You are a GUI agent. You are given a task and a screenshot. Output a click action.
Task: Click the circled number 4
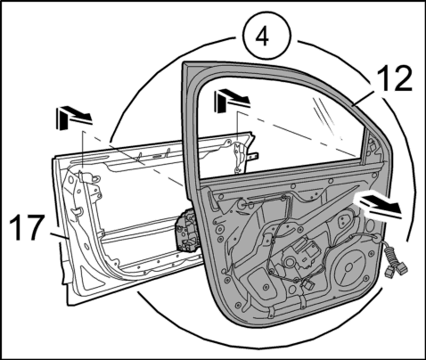click(267, 37)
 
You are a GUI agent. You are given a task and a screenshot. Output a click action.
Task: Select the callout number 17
click(27, 227)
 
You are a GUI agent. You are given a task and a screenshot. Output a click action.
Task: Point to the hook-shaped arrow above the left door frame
click(73, 118)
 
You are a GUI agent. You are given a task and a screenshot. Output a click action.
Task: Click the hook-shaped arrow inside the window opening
click(232, 101)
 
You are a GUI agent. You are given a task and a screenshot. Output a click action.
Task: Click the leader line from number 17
click(60, 236)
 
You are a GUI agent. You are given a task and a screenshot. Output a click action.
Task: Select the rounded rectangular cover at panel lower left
click(261, 282)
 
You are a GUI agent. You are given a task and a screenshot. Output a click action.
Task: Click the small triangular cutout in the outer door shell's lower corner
click(86, 278)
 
